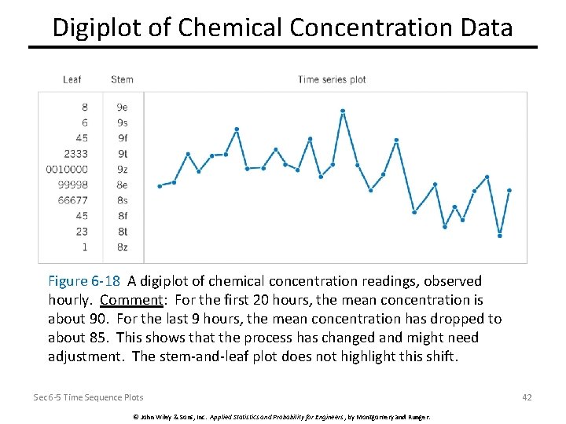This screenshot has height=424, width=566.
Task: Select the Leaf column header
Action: pos(72,79)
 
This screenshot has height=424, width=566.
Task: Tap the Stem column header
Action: pos(122,79)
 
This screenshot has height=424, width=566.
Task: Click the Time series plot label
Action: pos(332,79)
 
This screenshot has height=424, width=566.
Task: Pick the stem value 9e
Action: pos(122,107)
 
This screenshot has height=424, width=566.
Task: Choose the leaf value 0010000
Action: pos(68,169)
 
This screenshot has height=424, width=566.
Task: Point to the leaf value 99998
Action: pos(73,185)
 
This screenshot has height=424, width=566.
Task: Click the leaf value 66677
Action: pos(73,200)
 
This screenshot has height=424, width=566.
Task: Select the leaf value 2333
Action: pos(76,154)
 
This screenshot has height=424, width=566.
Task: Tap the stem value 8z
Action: pos(122,247)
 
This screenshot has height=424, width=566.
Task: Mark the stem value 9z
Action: pos(122,169)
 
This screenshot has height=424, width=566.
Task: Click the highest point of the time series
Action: pos(343,111)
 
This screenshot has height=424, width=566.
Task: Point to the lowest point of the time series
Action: pos(500,235)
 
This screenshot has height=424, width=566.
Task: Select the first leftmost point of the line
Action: pos(160,186)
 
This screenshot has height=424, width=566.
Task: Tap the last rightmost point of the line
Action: pos(509,190)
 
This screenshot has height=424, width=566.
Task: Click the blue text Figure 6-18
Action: pos(84,281)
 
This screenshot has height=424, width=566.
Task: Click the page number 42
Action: pos(527,397)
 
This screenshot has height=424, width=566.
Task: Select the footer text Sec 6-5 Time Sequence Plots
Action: pos(88,398)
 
